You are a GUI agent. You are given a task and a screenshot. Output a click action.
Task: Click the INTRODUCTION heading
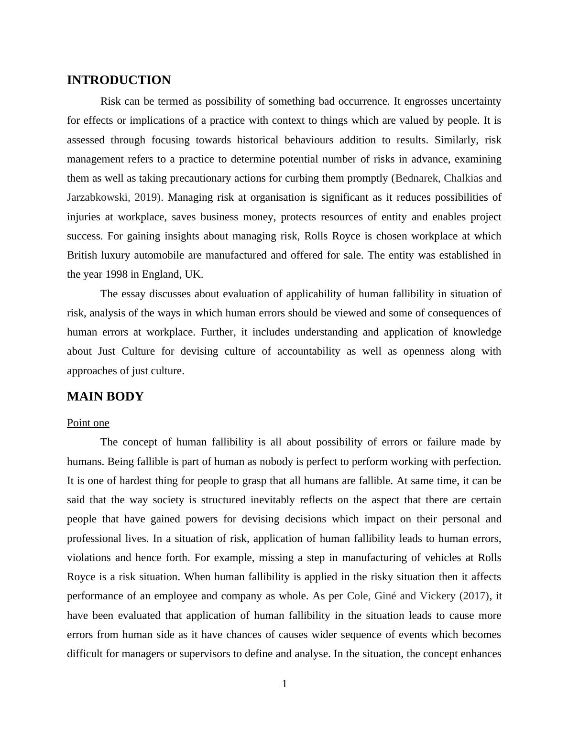(119, 80)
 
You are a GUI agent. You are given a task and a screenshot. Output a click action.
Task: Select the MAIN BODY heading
(105, 397)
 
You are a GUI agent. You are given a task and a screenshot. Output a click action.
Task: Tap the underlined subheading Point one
(88, 423)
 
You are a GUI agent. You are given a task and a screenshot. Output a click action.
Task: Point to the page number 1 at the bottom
(284, 684)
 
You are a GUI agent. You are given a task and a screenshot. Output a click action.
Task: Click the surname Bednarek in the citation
(417, 178)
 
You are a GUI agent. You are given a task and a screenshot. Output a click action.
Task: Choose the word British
(82, 255)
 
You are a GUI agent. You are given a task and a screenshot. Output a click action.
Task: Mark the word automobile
(157, 255)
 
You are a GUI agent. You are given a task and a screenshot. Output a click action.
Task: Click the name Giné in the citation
(385, 596)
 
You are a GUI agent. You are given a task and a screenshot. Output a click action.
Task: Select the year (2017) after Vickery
(474, 596)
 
